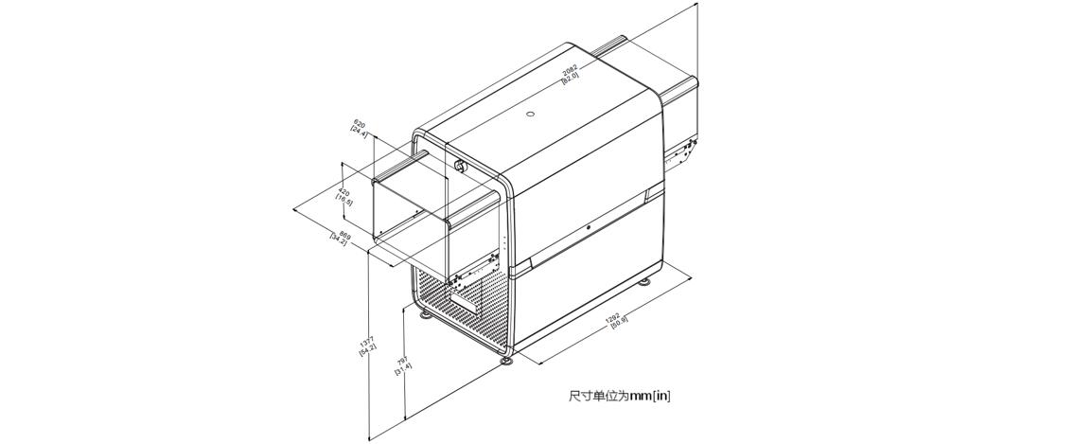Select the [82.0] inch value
572,77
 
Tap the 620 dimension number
359,123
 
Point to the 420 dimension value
343,192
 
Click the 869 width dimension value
344,235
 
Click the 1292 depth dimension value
612,318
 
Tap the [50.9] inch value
619,324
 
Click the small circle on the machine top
530,115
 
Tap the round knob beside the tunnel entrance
460,167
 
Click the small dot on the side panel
589,227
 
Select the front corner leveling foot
507,358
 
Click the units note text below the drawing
619,396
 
